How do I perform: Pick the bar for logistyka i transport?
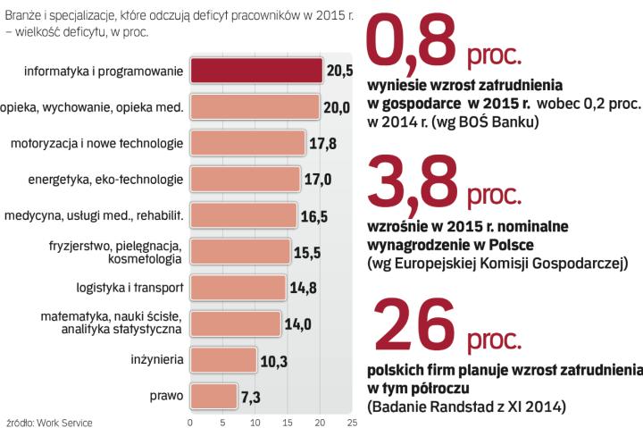click(238, 287)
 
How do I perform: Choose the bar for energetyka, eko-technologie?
click(245, 180)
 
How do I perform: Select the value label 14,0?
click(296, 323)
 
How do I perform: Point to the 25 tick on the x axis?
click(352, 422)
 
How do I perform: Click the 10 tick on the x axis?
click(255, 422)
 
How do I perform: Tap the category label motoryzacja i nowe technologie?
click(96, 144)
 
